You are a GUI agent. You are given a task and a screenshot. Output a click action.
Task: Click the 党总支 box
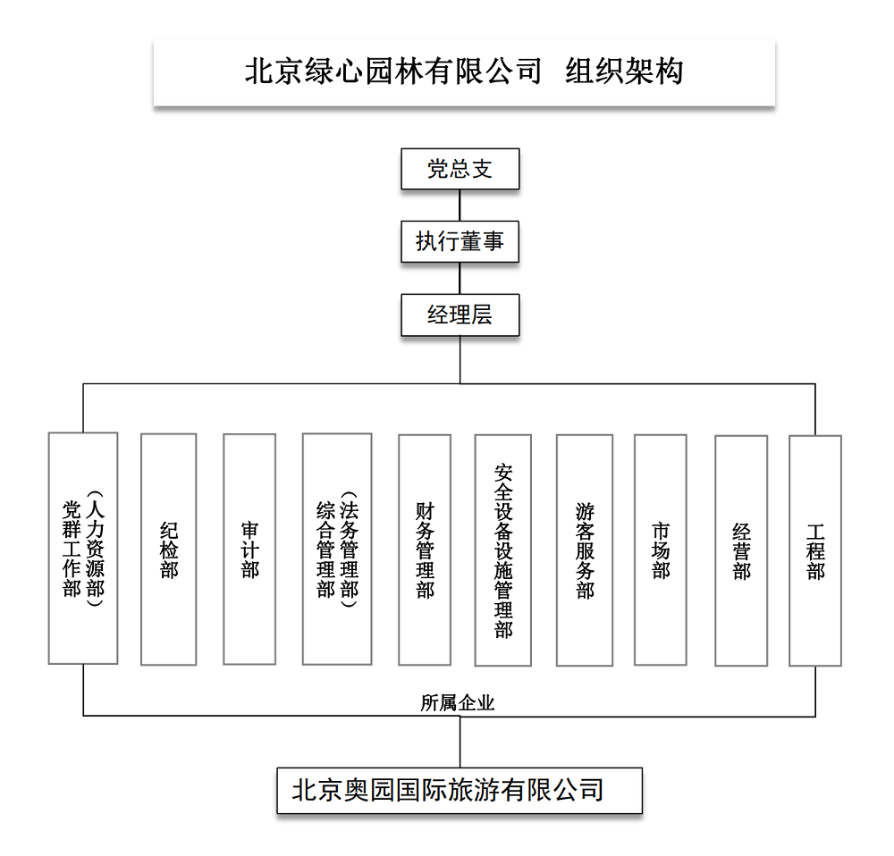pos(460,170)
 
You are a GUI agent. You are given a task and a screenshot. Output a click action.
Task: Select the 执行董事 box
pos(460,241)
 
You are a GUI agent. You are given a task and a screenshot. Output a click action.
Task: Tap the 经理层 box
pos(460,315)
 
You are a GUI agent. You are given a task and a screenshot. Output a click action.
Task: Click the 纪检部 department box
pos(168,549)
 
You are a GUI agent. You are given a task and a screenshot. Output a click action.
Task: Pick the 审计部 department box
pos(249,549)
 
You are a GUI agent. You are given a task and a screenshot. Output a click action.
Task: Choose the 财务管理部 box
pos(424,549)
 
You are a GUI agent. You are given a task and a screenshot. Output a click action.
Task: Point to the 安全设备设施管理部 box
pos(502,549)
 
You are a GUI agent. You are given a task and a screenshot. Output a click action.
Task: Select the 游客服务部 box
pos(584,549)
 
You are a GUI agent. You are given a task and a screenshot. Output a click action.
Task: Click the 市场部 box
pos(660,549)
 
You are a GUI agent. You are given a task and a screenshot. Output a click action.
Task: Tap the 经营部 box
pos(741,549)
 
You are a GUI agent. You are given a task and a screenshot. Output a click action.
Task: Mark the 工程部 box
pos(814,549)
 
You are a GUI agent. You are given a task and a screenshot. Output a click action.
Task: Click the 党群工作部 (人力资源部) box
pos(83,549)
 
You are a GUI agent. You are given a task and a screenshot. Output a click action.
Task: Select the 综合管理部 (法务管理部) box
pos(336,549)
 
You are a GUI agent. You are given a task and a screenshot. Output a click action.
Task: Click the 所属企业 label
pos(458,703)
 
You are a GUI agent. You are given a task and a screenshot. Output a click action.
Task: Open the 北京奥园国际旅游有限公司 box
pos(460,790)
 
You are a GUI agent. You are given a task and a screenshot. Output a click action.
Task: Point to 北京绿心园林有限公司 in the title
pos(393,71)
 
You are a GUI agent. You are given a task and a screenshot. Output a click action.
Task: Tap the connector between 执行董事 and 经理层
pos(460,278)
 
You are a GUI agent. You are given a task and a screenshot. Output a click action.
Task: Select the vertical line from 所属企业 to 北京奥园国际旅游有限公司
pos(460,742)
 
